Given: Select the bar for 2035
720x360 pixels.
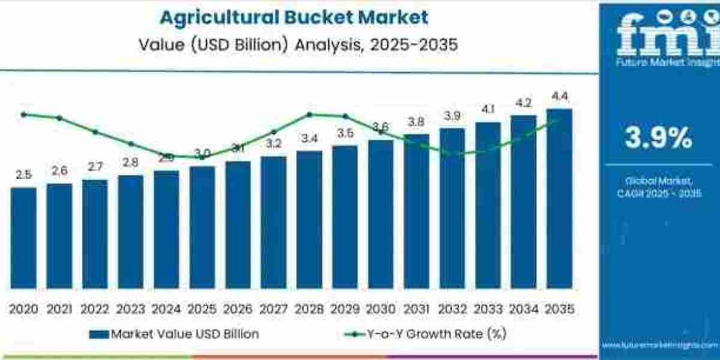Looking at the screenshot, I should coord(559,198).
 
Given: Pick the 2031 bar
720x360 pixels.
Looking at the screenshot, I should coord(416,211).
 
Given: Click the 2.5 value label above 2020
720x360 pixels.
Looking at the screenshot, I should coord(23,175).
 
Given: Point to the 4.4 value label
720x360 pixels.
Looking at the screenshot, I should coord(559,96).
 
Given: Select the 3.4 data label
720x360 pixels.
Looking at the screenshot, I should coord(309,138).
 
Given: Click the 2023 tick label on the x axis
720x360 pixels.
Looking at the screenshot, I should coord(131,309).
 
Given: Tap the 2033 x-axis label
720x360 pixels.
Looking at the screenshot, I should coord(488,309).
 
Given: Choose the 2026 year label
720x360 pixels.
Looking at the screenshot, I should coord(238,309).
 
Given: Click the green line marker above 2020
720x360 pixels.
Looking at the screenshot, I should coord(23,114).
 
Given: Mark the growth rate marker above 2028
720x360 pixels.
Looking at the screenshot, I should coord(309,114).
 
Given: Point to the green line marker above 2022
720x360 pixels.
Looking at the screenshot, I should coord(95,131).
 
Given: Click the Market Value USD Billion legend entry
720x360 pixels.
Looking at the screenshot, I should coord(174,334).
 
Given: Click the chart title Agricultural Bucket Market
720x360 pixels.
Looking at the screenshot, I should coord(294,17).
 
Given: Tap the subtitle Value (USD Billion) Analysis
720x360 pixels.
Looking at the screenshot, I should coord(294,45).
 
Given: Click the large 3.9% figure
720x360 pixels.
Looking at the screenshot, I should coord(658,139).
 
